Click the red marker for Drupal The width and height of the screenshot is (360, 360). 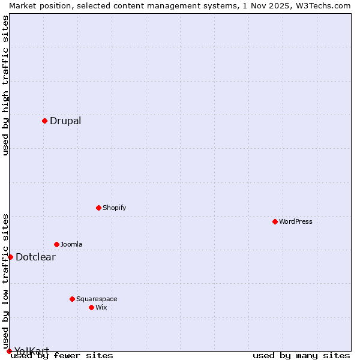[44, 121]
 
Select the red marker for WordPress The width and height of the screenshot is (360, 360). [275, 221]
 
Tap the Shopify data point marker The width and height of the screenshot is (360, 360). [98, 208]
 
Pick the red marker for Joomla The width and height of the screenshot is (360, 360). [56, 244]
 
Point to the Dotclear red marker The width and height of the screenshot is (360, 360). [10, 257]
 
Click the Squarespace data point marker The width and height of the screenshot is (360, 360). [72, 299]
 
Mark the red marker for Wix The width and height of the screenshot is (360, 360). [91, 307]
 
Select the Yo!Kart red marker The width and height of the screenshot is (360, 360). [9, 351]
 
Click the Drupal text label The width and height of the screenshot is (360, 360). [65, 121]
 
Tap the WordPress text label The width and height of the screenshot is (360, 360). [296, 221]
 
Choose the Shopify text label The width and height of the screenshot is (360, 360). [115, 208]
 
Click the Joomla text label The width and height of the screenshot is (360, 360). [71, 244]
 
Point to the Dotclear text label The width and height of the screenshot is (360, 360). [35, 257]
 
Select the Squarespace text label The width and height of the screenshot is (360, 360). [97, 299]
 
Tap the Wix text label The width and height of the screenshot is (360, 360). [101, 307]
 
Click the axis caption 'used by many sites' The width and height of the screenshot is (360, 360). [301, 355]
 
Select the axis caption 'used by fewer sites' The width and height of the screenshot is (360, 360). [62, 355]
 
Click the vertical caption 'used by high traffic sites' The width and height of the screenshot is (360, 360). [5, 85]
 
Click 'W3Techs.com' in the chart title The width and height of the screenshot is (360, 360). [322, 5]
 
